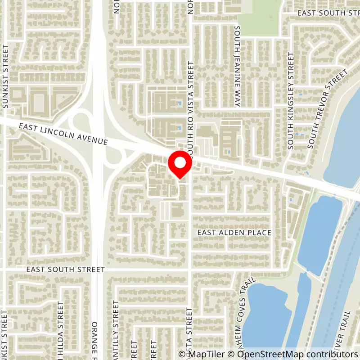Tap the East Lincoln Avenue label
pos(63,135)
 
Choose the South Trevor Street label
pos(328,109)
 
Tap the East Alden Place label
pos(235,233)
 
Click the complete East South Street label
pos(65,270)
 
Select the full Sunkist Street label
pos(5,76)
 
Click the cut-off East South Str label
pos(328,13)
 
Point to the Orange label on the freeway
pos(94,340)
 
